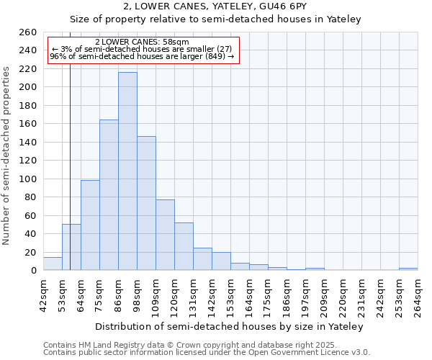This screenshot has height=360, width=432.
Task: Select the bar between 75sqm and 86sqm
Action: point(109,194)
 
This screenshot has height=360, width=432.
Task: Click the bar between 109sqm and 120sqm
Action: point(165,235)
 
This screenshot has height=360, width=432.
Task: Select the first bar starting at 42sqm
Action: point(53,264)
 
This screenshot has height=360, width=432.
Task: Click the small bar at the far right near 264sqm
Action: point(408,269)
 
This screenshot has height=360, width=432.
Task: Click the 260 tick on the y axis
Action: point(28,32)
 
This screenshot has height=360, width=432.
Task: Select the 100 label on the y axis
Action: point(28,179)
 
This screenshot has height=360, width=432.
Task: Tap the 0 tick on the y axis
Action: point(34,271)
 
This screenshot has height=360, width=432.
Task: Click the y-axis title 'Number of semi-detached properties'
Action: point(7,156)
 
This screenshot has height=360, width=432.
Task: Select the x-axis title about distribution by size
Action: point(230,326)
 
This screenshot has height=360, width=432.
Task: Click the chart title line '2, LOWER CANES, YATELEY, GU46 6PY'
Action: point(215,6)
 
